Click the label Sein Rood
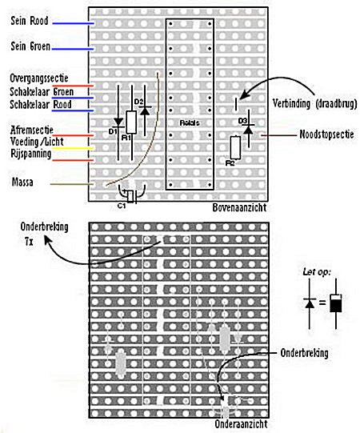pyautogui.click(x=30, y=21)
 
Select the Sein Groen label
pyautogui.click(x=30, y=46)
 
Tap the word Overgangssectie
pyautogui.click(x=39, y=78)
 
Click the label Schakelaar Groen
pyautogui.click(x=42, y=91)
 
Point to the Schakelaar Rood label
pyautogui.click(x=41, y=104)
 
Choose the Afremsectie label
pyautogui.click(x=32, y=130)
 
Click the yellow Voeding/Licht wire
pyautogui.click(x=73, y=149)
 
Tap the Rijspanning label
pyautogui.click(x=31, y=154)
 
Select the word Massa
pyautogui.click(x=22, y=182)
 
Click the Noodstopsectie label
pyautogui.click(x=326, y=134)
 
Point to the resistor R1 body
pyautogui.click(x=131, y=122)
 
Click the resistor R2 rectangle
pyautogui.click(x=235, y=147)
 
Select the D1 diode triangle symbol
pyautogui.click(x=118, y=122)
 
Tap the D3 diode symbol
pyautogui.click(x=249, y=129)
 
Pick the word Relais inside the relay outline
pyautogui.click(x=190, y=122)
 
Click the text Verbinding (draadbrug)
pyautogui.click(x=314, y=103)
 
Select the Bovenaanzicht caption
pyautogui.click(x=239, y=207)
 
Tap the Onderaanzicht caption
pyautogui.click(x=241, y=423)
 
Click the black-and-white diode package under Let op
pyautogui.click(x=336, y=303)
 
